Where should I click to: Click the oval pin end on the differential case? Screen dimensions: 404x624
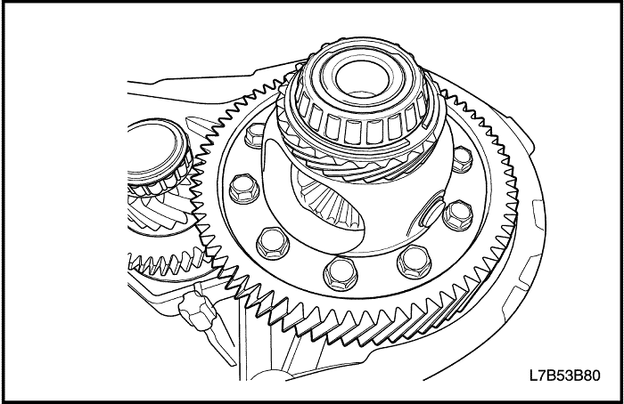pyautogui.click(x=431, y=214)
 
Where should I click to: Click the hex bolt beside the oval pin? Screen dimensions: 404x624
pyautogui.click(x=457, y=213)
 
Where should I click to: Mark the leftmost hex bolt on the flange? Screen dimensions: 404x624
pyautogui.click(x=242, y=188)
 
